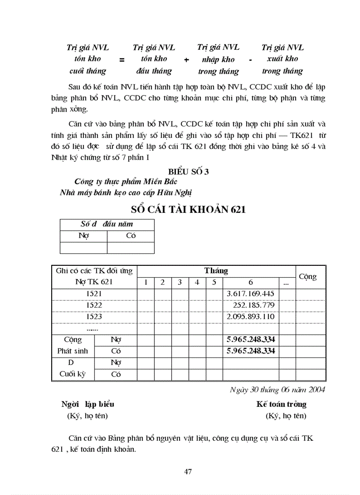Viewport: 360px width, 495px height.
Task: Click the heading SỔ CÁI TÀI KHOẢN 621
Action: [x=188, y=209]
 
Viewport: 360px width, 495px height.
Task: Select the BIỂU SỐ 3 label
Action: [x=188, y=172]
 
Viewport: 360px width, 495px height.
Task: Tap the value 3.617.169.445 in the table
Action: [x=250, y=294]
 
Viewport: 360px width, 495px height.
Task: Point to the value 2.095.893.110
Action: [x=250, y=316]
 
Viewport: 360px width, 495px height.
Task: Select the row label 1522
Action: [x=94, y=305]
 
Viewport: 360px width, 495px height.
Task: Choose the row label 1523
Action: [x=94, y=316]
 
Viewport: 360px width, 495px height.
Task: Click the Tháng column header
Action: [x=216, y=271]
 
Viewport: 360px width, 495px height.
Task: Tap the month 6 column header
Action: [x=251, y=282]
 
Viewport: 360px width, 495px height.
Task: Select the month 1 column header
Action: [x=146, y=282]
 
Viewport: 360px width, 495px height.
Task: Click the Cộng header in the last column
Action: [x=307, y=276]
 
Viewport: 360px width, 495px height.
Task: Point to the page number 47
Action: [x=188, y=472]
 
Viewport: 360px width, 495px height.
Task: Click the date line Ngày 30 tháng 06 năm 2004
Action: [x=277, y=390]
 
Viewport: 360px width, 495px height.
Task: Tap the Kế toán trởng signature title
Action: [x=281, y=404]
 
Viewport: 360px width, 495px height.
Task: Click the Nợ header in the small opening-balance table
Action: [x=83, y=236]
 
